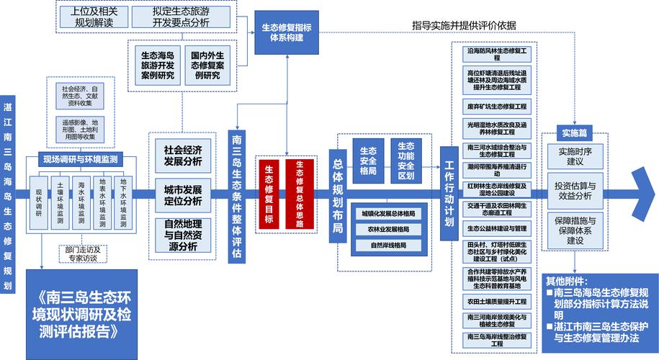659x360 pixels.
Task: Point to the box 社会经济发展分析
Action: click(x=182, y=156)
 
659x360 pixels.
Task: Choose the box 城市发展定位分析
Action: click(x=182, y=195)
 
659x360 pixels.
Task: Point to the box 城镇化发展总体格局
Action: click(x=388, y=214)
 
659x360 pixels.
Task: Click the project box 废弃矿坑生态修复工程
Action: click(x=498, y=106)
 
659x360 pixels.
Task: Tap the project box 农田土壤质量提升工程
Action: click(x=498, y=301)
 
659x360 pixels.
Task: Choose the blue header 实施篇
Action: click(x=574, y=133)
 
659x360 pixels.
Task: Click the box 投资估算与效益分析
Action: click(x=574, y=190)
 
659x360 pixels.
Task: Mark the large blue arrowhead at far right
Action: click(x=645, y=192)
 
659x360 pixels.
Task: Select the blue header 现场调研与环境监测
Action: click(x=80, y=159)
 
